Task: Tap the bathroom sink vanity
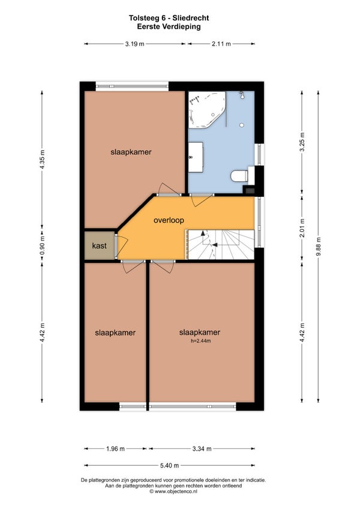(x=196, y=157)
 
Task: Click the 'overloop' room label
(x=169, y=220)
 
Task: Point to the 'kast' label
(x=99, y=245)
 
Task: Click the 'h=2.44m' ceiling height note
(x=200, y=341)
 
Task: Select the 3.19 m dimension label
(x=135, y=44)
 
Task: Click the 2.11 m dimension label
(x=221, y=44)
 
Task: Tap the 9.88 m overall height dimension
(x=318, y=246)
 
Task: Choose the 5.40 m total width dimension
(x=169, y=466)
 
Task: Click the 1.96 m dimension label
(x=115, y=449)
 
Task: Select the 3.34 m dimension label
(x=202, y=449)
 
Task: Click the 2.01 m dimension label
(x=302, y=228)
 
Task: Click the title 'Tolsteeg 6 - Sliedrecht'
(x=169, y=18)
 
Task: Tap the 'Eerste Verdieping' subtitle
(x=169, y=26)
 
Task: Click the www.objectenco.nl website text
(x=173, y=492)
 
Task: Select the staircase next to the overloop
(x=220, y=244)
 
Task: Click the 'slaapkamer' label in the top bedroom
(x=131, y=152)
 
